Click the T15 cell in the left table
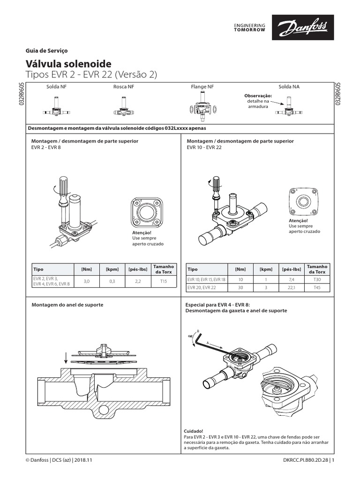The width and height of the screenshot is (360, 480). [163, 281]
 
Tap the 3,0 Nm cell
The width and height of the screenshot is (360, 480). [87, 281]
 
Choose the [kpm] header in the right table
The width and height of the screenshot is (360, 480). [265, 270]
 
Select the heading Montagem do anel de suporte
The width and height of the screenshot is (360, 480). [67, 305]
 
